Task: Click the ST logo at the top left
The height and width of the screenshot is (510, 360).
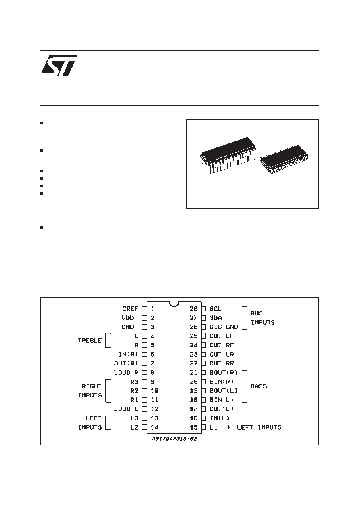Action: coord(60,65)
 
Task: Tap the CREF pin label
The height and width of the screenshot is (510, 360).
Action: coord(130,309)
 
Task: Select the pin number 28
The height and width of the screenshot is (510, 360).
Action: coord(194,309)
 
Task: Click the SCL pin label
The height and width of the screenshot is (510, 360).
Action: coord(216,309)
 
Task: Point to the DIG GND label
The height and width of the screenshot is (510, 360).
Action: coord(224,327)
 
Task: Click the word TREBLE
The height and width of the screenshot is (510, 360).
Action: coord(90,341)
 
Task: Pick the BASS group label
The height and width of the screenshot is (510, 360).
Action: coord(259,386)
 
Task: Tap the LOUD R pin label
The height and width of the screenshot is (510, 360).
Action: coord(126,372)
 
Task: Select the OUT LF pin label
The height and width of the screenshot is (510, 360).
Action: coord(222,336)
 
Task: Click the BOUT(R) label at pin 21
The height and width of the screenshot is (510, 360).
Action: coord(224,372)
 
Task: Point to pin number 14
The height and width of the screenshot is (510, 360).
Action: coord(155,427)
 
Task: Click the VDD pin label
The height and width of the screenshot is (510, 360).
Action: coord(128,318)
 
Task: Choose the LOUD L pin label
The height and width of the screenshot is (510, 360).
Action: coord(126,409)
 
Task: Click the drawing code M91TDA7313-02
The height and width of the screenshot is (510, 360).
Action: coord(174,439)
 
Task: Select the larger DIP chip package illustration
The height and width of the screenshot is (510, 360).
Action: coord(228,155)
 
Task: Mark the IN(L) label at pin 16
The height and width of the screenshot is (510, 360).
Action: coord(220,418)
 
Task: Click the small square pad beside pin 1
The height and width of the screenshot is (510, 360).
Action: coord(144,309)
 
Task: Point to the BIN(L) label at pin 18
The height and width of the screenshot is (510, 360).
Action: coord(222,400)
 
